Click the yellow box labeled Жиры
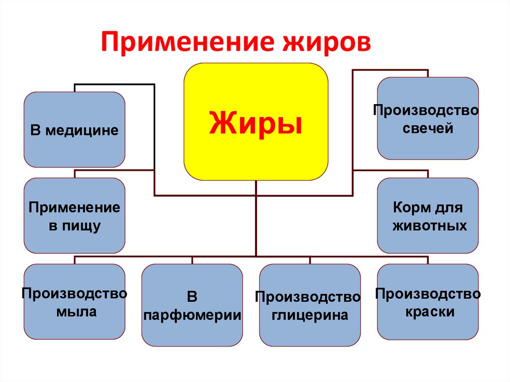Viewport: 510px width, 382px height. pos(256,122)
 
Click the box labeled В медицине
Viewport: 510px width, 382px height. pos(75,129)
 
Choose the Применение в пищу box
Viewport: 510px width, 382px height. pos(75,215)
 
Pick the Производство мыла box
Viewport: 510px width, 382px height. pos(75,301)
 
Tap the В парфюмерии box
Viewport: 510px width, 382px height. pos(192,305)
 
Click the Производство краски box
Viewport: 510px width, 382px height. pos(428,301)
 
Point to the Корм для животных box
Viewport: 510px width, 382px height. pos(428,215)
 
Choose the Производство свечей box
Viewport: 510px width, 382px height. pos(428,118)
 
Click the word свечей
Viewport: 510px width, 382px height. pos(428,128)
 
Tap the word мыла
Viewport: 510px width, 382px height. pos(75,313)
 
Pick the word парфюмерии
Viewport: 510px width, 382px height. pos(192,315)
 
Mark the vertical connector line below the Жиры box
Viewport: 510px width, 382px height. pos(256,219)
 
